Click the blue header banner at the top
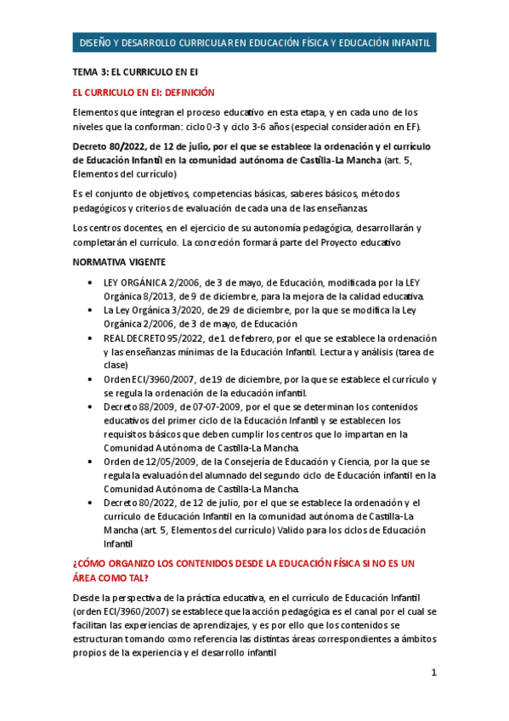tap(254, 43)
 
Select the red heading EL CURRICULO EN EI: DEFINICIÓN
tap(144, 93)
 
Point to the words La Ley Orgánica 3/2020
tap(156, 310)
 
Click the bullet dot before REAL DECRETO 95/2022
tap(91, 338)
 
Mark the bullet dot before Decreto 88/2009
tap(91, 407)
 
